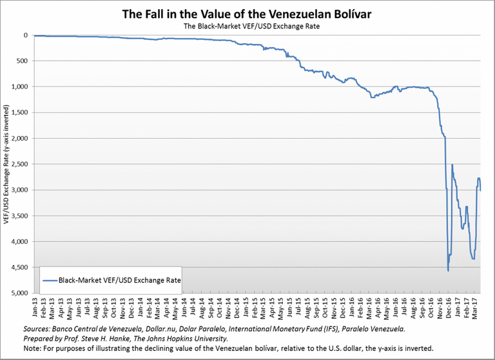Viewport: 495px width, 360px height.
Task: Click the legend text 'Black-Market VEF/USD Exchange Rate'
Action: (x=119, y=281)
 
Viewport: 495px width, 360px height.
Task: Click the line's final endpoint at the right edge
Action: (x=480, y=190)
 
